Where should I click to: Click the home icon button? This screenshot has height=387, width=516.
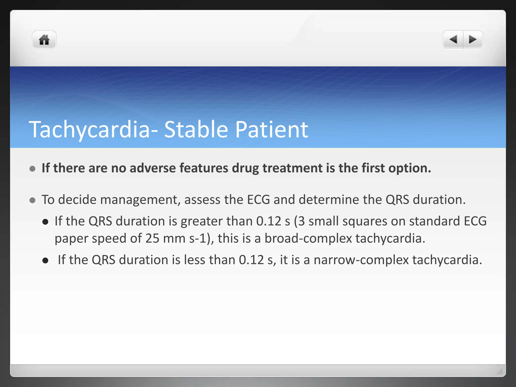(44, 40)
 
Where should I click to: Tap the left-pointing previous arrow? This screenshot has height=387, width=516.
(454, 40)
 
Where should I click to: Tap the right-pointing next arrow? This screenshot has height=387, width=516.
(472, 40)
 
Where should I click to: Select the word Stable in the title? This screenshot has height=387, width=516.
(196, 130)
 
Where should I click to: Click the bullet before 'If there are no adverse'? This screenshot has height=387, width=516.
(33, 169)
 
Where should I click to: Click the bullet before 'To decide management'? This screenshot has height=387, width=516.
(33, 200)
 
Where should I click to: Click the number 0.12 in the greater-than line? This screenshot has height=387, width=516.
(269, 221)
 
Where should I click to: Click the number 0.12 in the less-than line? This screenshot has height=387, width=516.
(251, 260)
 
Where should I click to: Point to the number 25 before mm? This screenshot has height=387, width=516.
(152, 238)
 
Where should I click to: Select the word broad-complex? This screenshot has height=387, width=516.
(308, 238)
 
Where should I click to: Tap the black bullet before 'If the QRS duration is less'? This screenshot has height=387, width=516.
(45, 261)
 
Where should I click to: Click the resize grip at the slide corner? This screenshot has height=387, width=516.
(500, 371)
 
